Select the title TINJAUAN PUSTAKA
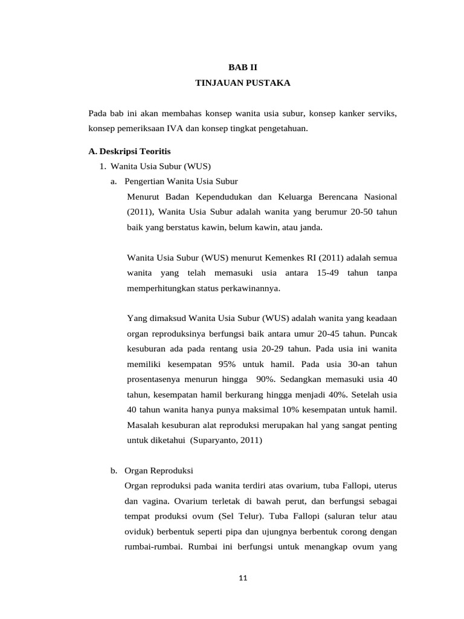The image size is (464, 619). pos(243,83)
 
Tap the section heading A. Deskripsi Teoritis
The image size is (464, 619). pos(130,151)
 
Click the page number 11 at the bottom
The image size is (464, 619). pos(243,578)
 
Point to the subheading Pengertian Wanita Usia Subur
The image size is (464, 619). pos(181,181)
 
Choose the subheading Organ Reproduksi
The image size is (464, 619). pos(158,470)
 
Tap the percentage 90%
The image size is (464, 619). pos(265,380)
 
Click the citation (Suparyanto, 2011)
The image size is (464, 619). pos(227,441)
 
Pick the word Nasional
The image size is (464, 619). pos(379,196)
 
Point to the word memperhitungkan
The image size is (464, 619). pos(161,288)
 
